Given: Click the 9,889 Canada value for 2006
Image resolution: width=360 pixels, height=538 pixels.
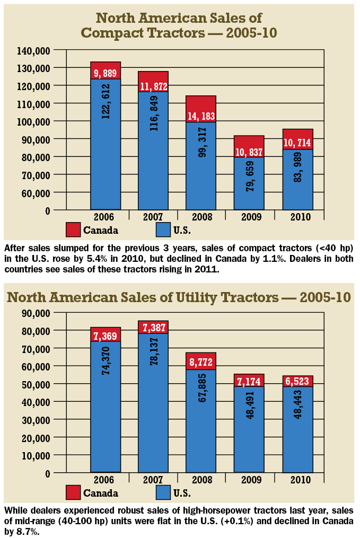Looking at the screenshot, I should (x=106, y=73).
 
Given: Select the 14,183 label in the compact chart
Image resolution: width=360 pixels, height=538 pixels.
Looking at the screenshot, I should (x=201, y=115).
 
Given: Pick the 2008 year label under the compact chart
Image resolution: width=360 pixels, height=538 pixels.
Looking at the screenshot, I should (x=201, y=217).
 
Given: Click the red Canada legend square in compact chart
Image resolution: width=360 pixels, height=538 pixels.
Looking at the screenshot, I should (x=74, y=230).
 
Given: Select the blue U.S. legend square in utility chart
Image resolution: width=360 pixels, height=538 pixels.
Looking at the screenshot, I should (x=164, y=493).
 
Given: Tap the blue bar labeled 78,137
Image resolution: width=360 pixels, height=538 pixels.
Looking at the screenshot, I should (x=153, y=403).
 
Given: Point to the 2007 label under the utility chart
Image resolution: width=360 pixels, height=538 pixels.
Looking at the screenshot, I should (x=153, y=480).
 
